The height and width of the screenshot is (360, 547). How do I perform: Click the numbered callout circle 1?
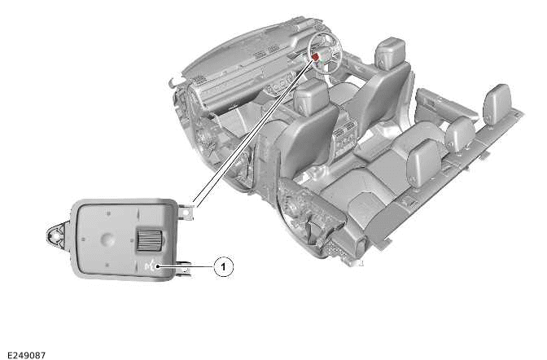point(223,267)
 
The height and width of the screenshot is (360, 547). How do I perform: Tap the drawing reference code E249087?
point(26,355)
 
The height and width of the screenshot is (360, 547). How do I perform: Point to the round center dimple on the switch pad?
point(107,239)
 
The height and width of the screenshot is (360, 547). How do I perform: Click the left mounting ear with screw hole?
point(56,236)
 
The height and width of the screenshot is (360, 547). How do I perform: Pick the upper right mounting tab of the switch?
point(186,212)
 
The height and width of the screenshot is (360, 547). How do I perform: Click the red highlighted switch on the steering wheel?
point(316,57)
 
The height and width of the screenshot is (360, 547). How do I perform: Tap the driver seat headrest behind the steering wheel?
point(390,51)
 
